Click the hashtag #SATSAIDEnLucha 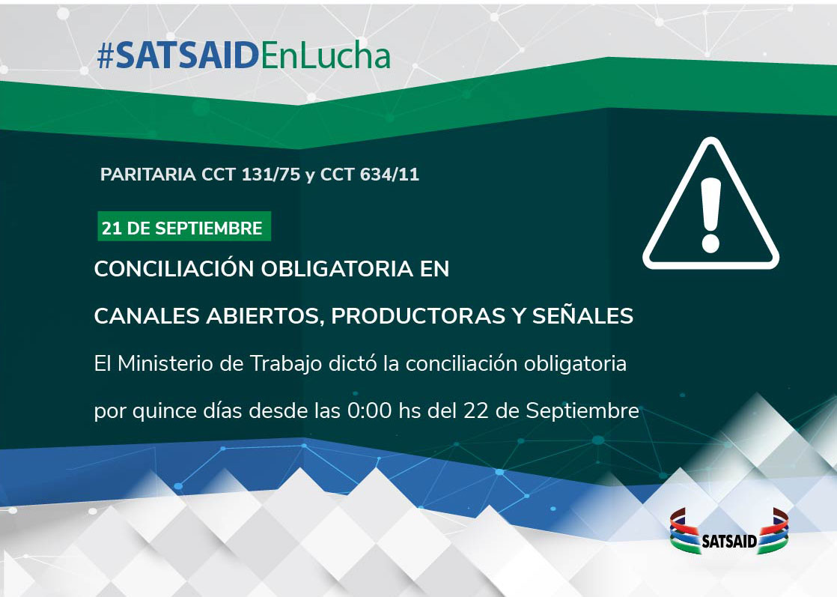point(244,55)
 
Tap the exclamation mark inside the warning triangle point(710,215)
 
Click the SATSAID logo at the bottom point(729,532)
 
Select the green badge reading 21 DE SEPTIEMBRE point(184,226)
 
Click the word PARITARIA point(148,175)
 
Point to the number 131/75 point(270,175)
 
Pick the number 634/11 point(389,175)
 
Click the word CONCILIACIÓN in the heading point(174,269)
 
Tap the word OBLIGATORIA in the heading point(337,269)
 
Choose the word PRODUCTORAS point(418,316)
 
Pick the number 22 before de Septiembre point(476,411)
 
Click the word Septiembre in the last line point(582,412)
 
